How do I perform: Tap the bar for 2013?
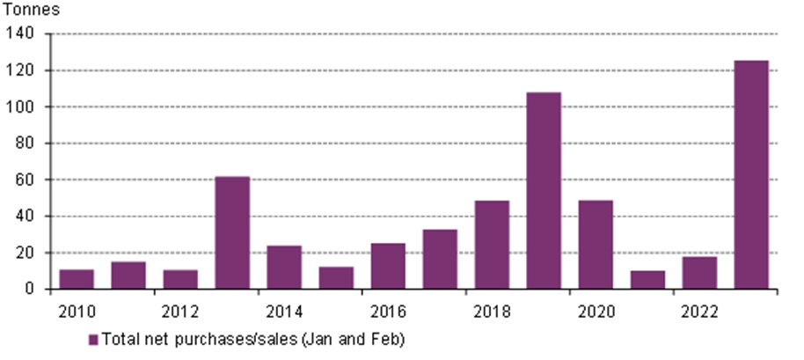tap(232, 232)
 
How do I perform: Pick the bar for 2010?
tap(77, 279)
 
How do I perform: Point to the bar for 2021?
tap(647, 280)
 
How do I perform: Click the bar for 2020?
tap(595, 245)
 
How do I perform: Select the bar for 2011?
tap(128, 275)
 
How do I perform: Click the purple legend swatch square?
tap(94, 339)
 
